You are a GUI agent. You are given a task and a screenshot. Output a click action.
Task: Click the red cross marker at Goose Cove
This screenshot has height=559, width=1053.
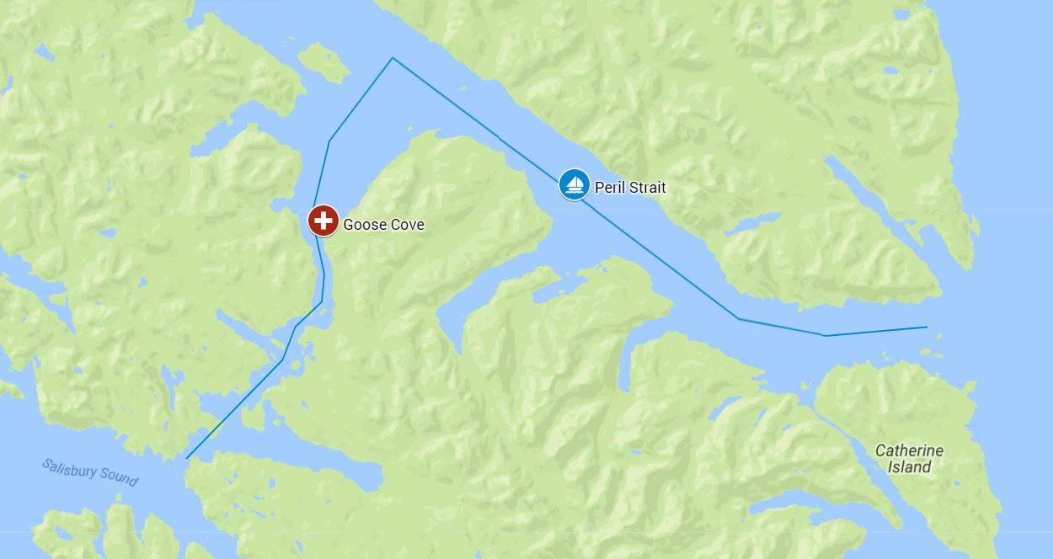(x=323, y=221)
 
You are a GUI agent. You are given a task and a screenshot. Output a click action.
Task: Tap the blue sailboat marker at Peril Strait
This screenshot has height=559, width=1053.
(x=575, y=184)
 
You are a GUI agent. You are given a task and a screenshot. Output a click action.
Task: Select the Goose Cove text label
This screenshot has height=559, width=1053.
(x=383, y=225)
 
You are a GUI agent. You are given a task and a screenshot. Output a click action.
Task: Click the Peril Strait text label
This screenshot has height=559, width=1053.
(x=630, y=188)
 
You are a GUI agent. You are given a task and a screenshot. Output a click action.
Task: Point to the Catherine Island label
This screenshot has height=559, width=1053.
(x=909, y=459)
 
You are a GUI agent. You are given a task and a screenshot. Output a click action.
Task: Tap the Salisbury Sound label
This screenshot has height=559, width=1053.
(x=90, y=473)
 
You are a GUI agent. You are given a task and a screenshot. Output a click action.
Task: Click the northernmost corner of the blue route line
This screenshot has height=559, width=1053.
(x=393, y=58)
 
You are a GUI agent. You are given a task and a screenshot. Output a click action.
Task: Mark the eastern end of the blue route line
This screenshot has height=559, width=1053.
(x=927, y=327)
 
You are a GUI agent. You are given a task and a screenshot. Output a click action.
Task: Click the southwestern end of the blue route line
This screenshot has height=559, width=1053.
(x=187, y=458)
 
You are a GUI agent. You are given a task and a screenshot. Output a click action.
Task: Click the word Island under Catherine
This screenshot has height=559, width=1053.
(x=909, y=467)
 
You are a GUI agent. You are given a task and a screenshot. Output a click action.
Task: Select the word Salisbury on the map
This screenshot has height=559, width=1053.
(x=71, y=469)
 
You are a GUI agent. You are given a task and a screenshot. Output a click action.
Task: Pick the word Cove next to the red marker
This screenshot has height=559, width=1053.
(x=407, y=225)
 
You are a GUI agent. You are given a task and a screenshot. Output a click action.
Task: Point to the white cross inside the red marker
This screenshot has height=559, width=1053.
(x=323, y=221)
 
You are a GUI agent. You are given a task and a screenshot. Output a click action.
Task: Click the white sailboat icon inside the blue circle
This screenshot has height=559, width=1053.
(x=575, y=184)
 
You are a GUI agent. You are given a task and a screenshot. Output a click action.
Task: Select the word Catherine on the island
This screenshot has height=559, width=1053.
(x=909, y=450)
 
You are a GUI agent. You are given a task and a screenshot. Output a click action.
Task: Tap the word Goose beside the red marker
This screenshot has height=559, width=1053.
(x=364, y=225)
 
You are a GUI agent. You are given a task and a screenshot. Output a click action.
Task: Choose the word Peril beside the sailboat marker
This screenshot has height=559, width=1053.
(x=610, y=188)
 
